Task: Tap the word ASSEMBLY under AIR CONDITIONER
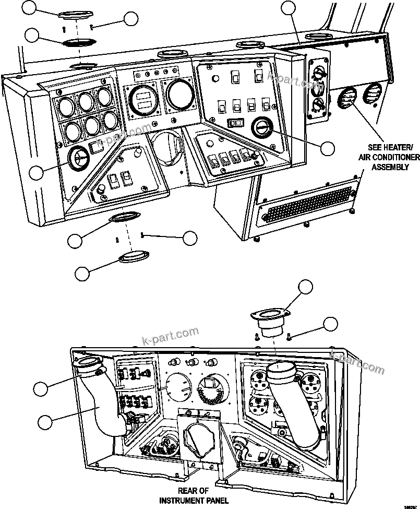[389, 167]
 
